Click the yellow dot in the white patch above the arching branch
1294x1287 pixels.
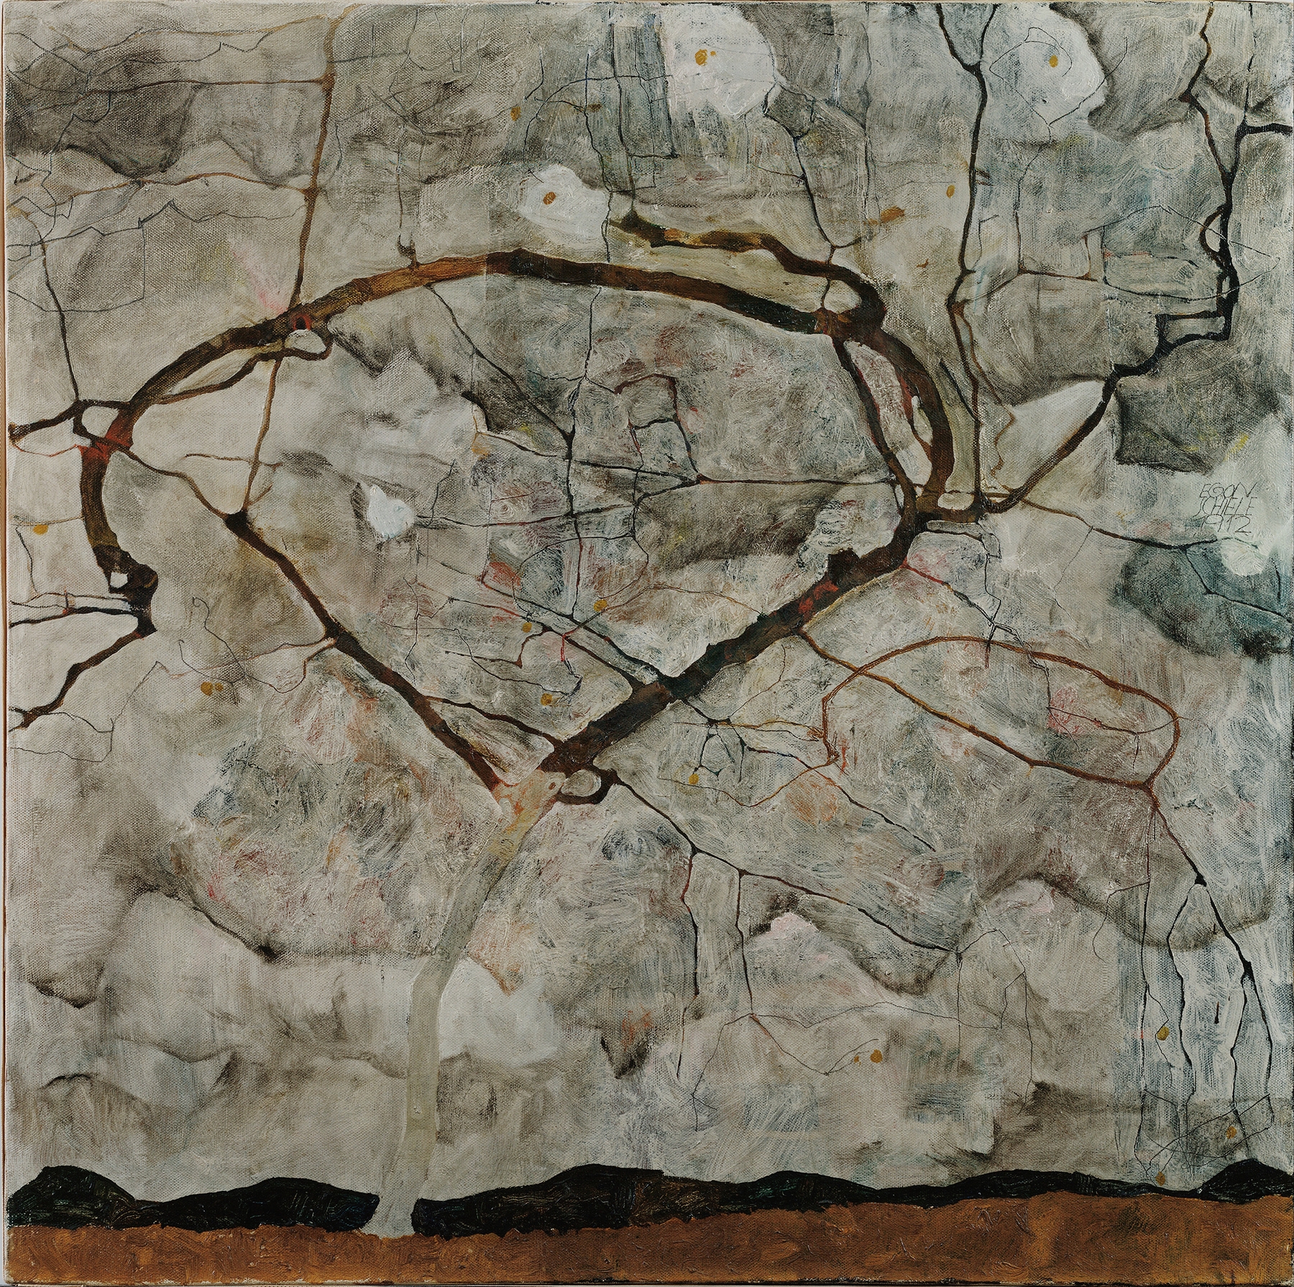[x=550, y=196]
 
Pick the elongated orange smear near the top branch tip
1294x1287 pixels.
[x=891, y=213]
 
